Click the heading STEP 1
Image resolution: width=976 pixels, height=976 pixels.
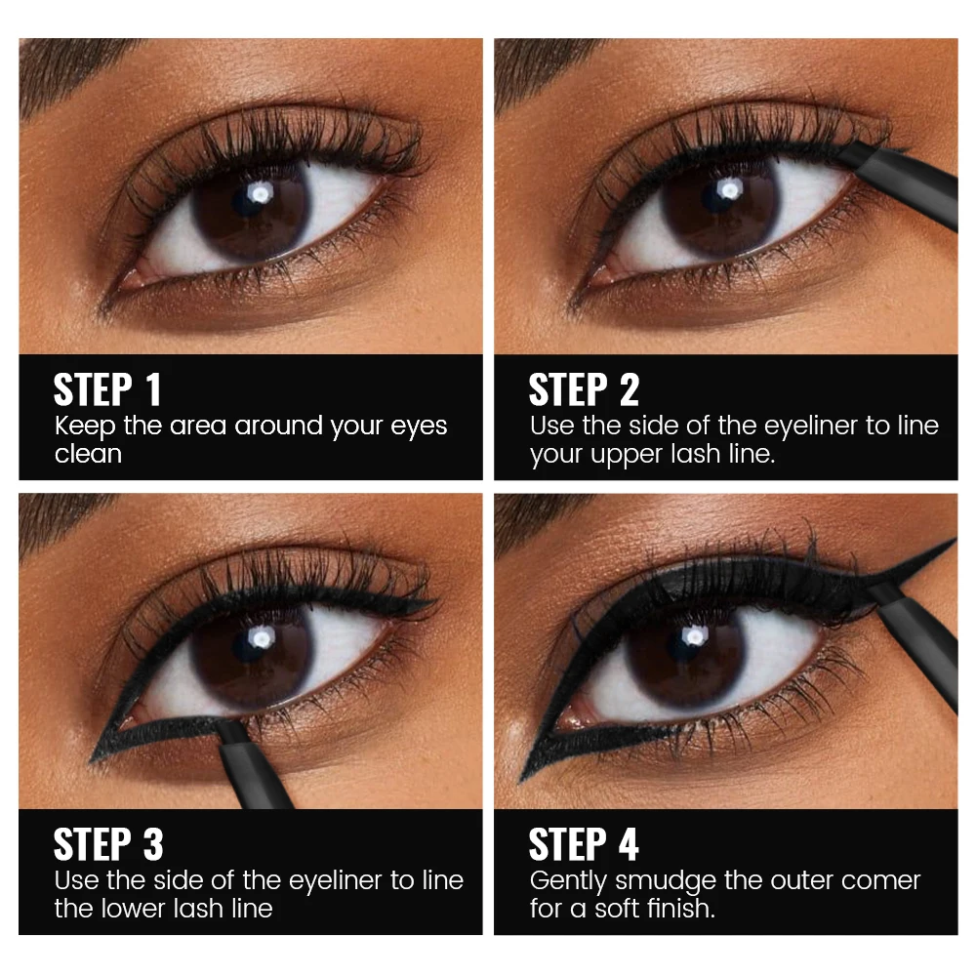[x=107, y=389]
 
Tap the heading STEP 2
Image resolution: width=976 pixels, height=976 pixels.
[x=584, y=389]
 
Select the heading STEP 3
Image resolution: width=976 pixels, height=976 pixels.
[x=108, y=844]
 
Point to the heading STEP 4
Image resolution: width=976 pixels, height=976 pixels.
[x=584, y=844]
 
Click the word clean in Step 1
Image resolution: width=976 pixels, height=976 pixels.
[x=88, y=454]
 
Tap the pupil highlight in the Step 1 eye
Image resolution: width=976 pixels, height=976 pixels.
[x=261, y=194]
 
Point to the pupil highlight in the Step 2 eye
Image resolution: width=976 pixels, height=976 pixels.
[x=729, y=188]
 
